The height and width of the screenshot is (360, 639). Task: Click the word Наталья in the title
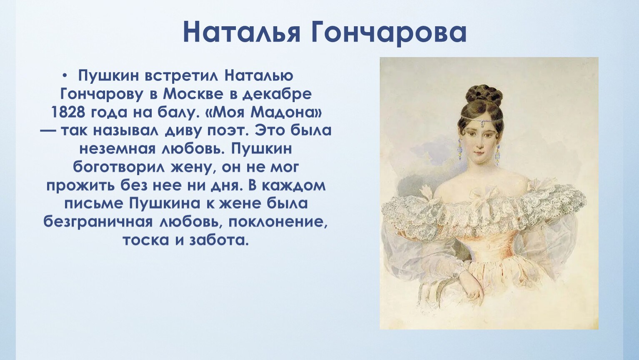[x=242, y=32]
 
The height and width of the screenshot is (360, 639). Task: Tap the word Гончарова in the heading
[x=388, y=32]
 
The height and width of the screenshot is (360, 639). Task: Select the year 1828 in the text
[x=68, y=112]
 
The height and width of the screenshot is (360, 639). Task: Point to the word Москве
[x=193, y=94]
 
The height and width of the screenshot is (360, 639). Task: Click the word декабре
[x=277, y=94]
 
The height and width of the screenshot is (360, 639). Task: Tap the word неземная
[x=117, y=149]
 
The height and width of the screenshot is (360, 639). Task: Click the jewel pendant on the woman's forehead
[x=482, y=123]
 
